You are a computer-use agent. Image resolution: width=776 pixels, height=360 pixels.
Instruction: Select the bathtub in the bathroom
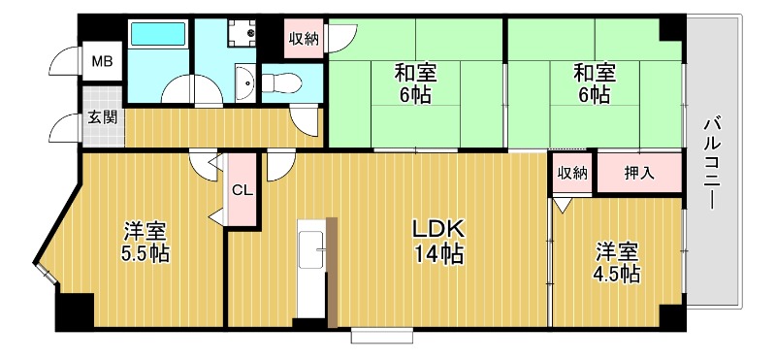point(158,36)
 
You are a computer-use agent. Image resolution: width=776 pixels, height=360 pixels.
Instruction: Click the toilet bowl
point(281,82)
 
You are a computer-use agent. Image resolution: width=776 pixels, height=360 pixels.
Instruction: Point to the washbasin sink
point(244,84)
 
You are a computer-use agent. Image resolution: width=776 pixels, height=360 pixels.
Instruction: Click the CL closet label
point(242,190)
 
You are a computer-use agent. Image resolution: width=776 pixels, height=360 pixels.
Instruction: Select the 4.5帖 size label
point(618,274)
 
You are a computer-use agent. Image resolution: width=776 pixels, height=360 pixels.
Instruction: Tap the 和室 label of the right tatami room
point(591,73)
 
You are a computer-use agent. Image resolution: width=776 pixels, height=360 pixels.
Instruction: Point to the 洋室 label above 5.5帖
point(145,232)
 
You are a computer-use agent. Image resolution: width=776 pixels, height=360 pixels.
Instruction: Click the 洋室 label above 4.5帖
point(618,249)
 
